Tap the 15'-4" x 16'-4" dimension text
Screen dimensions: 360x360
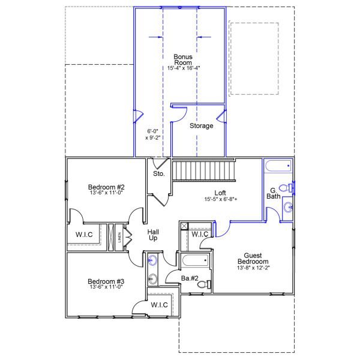[x=183, y=68]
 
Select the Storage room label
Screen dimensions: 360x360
[x=201, y=126]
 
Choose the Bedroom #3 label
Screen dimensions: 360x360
[x=106, y=281]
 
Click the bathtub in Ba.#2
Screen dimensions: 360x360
[x=194, y=261]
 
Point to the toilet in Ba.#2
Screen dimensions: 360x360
[x=203, y=283]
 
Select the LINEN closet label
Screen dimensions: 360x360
[x=119, y=236]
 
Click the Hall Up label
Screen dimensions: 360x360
[x=153, y=235]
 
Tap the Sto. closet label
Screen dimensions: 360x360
[x=158, y=174]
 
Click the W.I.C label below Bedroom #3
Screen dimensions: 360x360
[x=159, y=305]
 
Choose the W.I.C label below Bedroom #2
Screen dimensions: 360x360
[x=84, y=234]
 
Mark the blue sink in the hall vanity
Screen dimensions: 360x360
[x=152, y=260]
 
